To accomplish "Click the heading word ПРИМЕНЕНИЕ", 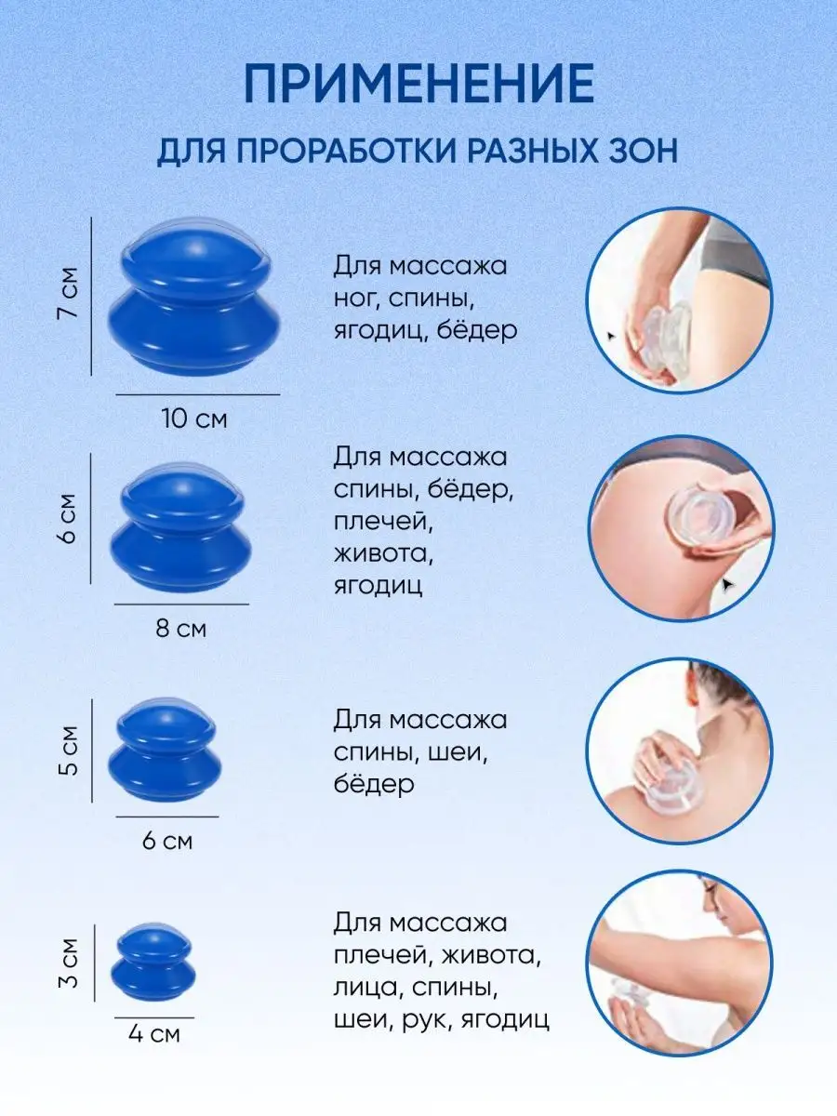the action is (x=418, y=83).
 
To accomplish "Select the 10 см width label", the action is (x=194, y=418).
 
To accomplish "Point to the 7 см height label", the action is (x=68, y=293).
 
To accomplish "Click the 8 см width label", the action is (x=181, y=629).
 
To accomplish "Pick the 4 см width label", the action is (x=154, y=1033).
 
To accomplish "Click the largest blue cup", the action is (x=194, y=297).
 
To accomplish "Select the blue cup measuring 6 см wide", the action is (x=165, y=750).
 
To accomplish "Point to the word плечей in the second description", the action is (x=383, y=522).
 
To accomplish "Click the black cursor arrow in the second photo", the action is (x=728, y=585).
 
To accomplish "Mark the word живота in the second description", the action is (x=383, y=553).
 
